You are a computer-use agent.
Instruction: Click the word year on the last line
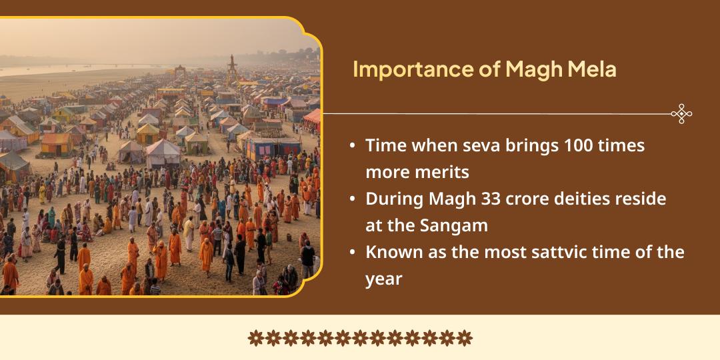coord(383,279)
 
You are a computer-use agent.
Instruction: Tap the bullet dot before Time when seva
coord(352,146)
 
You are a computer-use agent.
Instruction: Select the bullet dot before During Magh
coord(352,199)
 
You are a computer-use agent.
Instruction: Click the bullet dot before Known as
coord(352,253)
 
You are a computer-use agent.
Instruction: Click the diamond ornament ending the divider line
coord(681,114)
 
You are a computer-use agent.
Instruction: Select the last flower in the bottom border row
coord(465,338)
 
